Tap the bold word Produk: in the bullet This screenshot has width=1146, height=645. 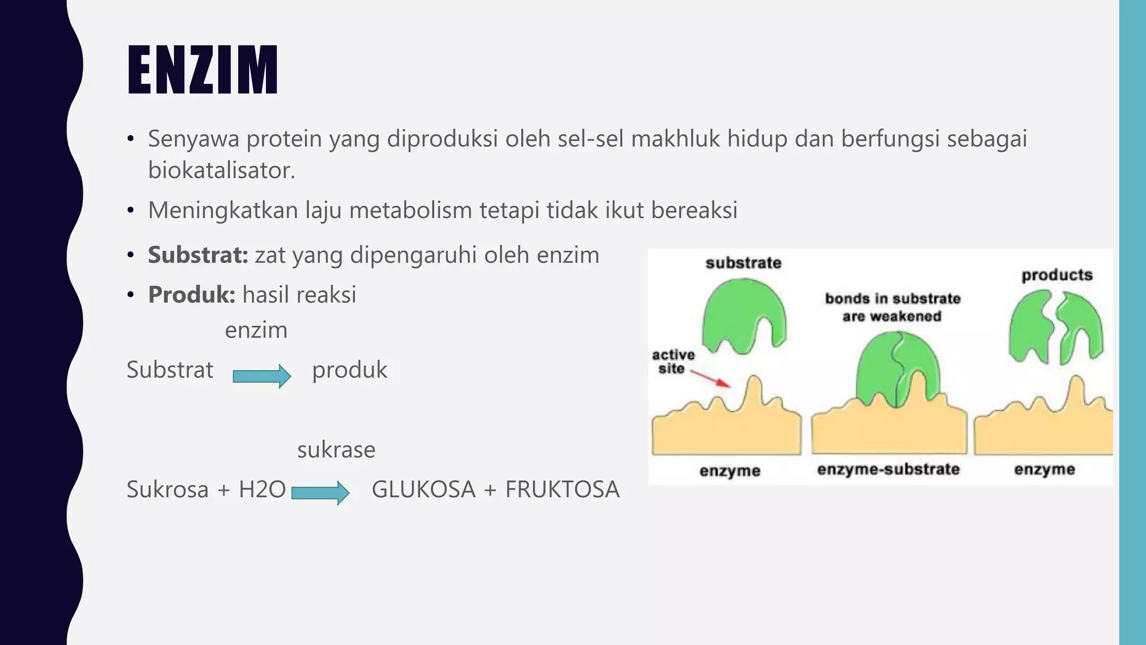point(192,295)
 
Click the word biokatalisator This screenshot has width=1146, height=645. point(221,170)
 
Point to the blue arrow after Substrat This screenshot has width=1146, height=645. point(262,376)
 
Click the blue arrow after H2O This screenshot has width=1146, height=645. point(320,493)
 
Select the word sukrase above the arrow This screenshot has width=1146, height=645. point(336,450)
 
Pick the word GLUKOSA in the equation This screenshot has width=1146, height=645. point(424,489)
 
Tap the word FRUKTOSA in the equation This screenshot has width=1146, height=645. point(562,489)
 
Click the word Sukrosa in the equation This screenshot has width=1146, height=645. point(167,489)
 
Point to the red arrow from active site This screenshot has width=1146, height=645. point(711,378)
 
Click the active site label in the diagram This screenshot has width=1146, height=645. point(673,362)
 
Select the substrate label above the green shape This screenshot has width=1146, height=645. point(743,263)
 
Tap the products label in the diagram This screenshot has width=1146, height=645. point(1057,275)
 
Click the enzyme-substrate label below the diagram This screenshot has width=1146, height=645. point(888,469)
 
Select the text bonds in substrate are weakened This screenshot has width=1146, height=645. point(893,307)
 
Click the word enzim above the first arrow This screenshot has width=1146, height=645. point(256,330)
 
